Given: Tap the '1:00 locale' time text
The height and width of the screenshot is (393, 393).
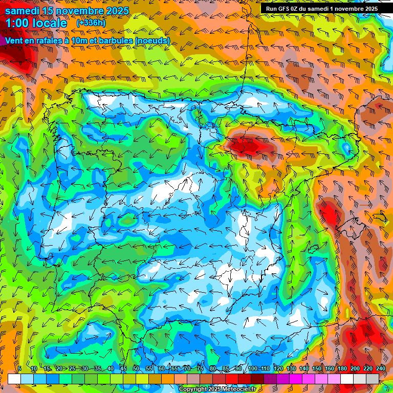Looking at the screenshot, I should [x=36, y=23].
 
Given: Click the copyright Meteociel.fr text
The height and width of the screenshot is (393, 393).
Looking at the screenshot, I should [x=217, y=389].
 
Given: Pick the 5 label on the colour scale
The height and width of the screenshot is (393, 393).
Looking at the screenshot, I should [x=19, y=368].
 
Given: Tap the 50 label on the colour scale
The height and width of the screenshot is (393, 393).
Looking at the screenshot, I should [x=136, y=368].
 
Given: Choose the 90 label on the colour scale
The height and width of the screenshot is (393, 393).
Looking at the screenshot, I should [x=238, y=368].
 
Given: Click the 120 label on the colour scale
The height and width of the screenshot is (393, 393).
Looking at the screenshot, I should [x=278, y=368].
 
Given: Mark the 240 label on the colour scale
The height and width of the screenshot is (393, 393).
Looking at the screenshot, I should [x=380, y=368].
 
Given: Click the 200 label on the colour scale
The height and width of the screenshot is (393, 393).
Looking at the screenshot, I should [x=355, y=368].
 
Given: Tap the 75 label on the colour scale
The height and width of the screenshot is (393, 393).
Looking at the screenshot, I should [x=200, y=368].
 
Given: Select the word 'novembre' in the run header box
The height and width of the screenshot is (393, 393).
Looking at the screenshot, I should [x=345, y=8].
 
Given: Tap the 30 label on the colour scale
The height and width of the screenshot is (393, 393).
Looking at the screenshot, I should [x=84, y=368].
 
